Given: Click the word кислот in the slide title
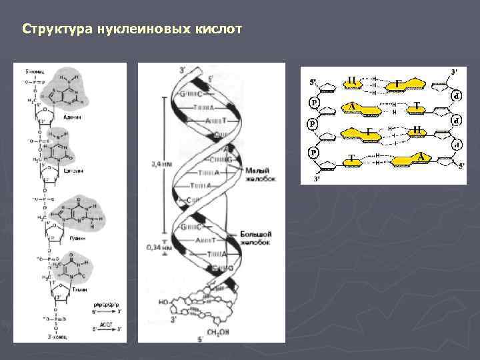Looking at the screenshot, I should [x=221, y=30].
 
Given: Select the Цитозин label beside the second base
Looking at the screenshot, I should [x=73, y=171].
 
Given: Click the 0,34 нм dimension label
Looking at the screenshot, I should [x=155, y=247].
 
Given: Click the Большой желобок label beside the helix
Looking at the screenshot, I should [x=256, y=241].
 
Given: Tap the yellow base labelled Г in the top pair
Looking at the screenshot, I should [x=399, y=83].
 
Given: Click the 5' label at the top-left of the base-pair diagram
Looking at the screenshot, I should [x=313, y=82].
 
